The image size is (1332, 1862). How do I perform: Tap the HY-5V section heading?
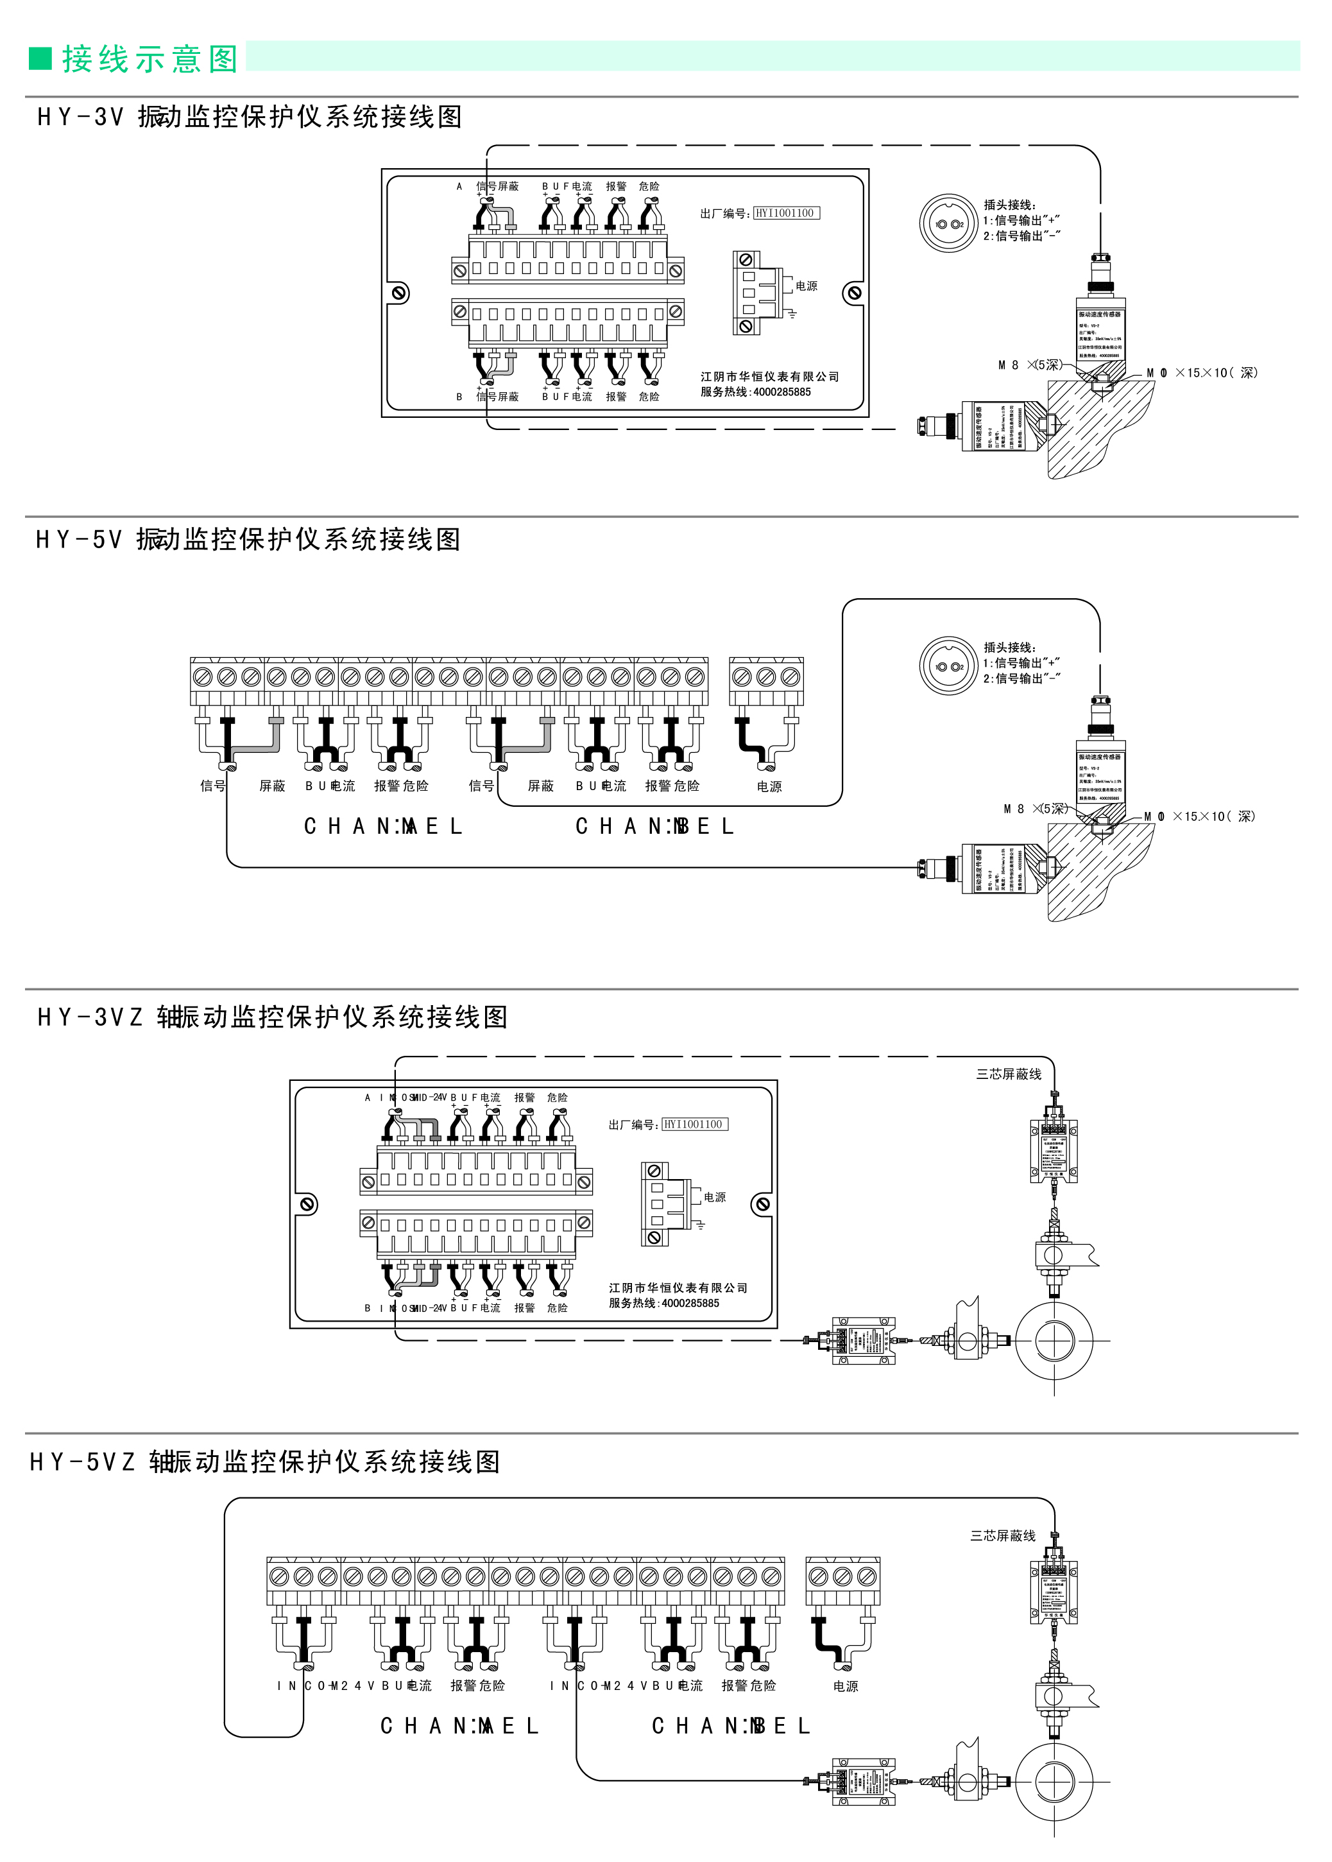pos(248,540)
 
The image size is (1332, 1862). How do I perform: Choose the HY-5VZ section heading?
pos(265,1461)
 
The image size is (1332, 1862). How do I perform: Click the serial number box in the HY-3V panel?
pos(786,213)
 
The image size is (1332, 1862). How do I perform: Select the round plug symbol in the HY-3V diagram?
pos(948,223)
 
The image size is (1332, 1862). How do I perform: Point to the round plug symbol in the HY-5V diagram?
pos(948,666)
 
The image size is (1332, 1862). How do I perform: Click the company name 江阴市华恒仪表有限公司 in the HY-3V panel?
pos(769,377)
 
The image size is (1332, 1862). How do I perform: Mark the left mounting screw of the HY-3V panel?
pos(400,293)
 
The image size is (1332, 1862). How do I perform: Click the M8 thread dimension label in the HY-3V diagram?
pos(1029,365)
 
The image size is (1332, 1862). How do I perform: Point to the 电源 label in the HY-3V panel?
pos(807,286)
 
